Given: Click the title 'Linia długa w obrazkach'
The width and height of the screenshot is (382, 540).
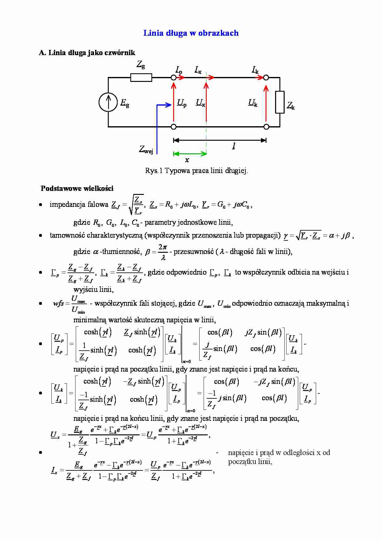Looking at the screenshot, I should coord(191,33).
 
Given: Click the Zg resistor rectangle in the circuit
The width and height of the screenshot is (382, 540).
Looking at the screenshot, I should coord(141,78).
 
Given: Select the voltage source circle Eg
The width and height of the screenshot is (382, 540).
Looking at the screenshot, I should coord(108,102).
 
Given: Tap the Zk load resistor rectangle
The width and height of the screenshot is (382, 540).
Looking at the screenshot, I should coord(280,102).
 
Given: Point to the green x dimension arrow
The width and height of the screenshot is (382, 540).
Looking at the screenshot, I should coord(190,154).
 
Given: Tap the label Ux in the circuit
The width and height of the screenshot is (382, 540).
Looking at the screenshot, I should coord(200,103).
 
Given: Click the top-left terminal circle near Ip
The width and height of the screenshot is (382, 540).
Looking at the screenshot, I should coord(174,78).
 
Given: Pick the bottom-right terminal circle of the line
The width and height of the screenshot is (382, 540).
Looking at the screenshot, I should coord(266,127).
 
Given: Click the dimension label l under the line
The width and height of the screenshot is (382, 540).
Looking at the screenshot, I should coord(234,146).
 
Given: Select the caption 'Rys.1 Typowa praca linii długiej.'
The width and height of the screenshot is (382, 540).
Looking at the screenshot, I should coord(197,171).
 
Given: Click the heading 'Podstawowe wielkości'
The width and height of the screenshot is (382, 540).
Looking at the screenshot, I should coord(77,188).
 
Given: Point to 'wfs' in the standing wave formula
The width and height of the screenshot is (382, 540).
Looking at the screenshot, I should coord(58,304).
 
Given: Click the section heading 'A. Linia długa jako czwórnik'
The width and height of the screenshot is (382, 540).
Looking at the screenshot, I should coord(87,53).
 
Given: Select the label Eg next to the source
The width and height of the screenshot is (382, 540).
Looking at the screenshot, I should coord(125,103).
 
